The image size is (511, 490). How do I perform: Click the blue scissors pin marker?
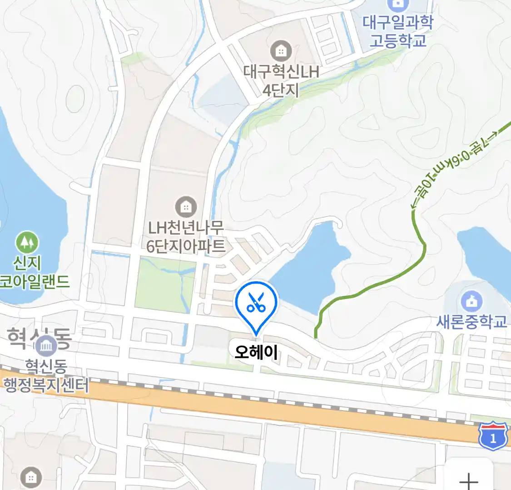click(256, 303)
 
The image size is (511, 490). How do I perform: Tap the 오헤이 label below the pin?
click(256, 352)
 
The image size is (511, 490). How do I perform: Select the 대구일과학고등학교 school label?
click(398, 31)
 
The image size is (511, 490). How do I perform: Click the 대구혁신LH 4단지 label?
click(281, 81)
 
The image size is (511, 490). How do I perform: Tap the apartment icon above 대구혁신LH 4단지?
click(281, 51)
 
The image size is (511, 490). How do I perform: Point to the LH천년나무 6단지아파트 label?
click(186, 237)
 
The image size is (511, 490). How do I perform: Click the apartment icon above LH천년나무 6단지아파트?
click(185, 207)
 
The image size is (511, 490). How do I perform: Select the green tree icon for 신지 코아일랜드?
click(27, 242)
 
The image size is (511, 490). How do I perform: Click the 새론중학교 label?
click(471, 322)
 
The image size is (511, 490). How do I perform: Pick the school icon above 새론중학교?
click(472, 301)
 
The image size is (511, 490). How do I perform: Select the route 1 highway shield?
click(493, 436)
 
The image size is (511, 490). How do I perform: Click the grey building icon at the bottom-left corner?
click(30, 477)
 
